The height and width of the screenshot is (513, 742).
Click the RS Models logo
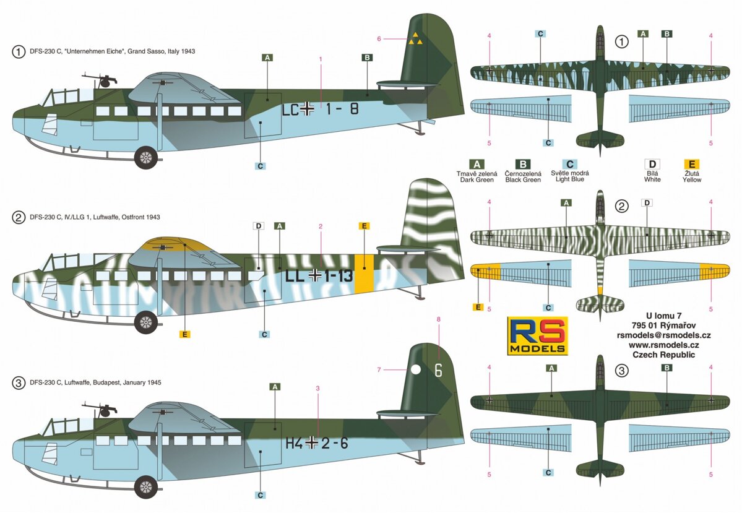pyautogui.click(x=538, y=335)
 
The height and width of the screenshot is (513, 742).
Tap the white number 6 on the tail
pyautogui.click(x=438, y=369)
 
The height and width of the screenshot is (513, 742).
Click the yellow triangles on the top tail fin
pyautogui.click(x=415, y=39)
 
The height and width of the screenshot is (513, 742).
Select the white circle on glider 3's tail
pyautogui.click(x=415, y=369)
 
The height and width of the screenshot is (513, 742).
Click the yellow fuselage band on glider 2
pyautogui.click(x=364, y=274)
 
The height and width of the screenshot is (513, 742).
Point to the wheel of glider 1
pyautogui.click(x=146, y=157)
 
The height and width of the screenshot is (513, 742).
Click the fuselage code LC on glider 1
pyautogui.click(x=290, y=110)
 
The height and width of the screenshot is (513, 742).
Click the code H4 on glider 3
pyautogui.click(x=295, y=443)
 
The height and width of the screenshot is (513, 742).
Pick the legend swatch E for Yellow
pyautogui.click(x=692, y=164)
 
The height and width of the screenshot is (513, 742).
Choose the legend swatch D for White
pyautogui.click(x=652, y=164)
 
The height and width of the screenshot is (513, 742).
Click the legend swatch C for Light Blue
pyautogui.click(x=570, y=164)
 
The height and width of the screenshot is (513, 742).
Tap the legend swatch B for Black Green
pyautogui.click(x=523, y=164)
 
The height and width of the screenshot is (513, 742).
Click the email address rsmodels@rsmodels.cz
pyautogui.click(x=663, y=335)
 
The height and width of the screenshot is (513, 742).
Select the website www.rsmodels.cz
pyautogui.click(x=663, y=345)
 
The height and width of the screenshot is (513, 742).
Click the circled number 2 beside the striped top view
pyautogui.click(x=621, y=206)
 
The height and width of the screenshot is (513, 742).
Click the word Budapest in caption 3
pyautogui.click(x=107, y=382)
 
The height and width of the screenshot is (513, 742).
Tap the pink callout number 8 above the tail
pyautogui.click(x=439, y=319)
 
